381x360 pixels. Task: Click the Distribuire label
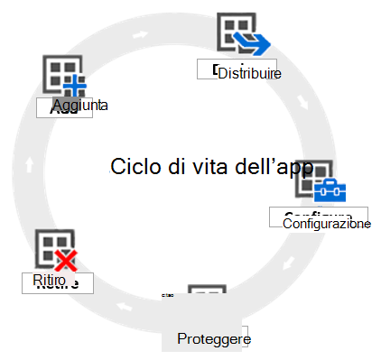249,72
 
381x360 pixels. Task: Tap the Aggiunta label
80,106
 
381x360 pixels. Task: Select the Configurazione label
326,223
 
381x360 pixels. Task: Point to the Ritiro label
50,281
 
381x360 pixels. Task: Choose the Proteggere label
213,339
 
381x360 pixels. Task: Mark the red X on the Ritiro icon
65,262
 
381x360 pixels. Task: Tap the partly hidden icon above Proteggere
206,299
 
